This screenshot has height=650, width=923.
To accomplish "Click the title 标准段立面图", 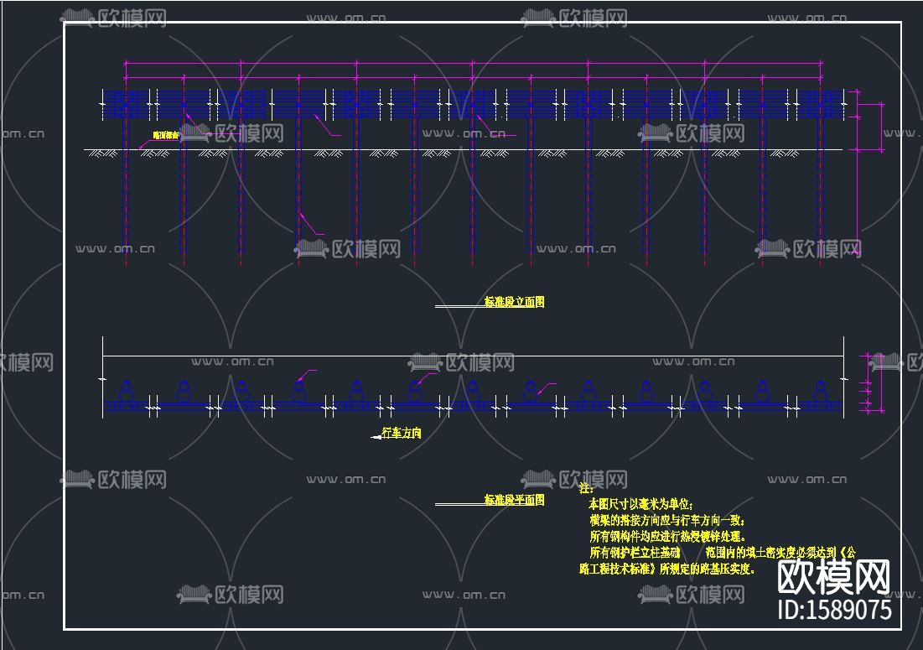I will coord(514,302).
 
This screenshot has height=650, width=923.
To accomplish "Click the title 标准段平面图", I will coord(514,500).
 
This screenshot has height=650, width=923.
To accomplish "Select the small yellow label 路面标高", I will coord(166,135).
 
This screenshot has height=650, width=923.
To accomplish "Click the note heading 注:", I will coord(586,488).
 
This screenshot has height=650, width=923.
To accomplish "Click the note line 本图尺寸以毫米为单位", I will coord(641,504).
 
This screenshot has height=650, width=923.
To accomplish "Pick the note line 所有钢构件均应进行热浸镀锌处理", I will coord(667,536).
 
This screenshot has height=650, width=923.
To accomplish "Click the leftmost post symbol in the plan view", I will coord(126,390).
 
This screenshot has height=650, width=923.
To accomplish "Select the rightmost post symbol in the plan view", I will coord(820,390).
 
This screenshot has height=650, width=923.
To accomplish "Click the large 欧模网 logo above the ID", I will coord(833,576).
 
